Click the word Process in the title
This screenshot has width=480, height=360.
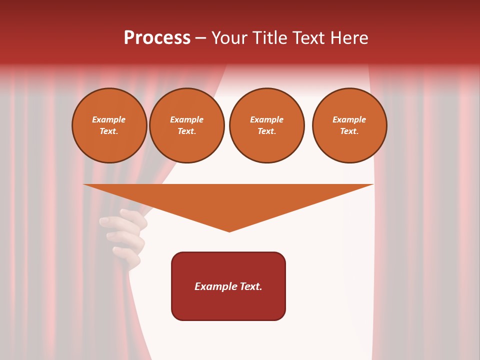[157, 38]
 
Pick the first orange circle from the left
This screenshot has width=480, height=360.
[109, 125]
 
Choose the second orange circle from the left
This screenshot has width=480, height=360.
[187, 125]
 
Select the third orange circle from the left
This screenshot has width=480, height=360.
[266, 125]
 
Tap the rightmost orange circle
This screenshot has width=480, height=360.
[349, 125]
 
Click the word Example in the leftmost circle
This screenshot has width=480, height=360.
[109, 119]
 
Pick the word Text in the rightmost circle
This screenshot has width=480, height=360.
[349, 131]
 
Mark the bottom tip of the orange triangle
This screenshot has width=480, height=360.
[229, 231]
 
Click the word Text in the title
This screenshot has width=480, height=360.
[309, 38]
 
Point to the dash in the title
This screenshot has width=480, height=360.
[201, 38]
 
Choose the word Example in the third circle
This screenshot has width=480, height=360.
[266, 119]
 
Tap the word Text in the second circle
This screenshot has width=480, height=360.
[186, 131]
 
